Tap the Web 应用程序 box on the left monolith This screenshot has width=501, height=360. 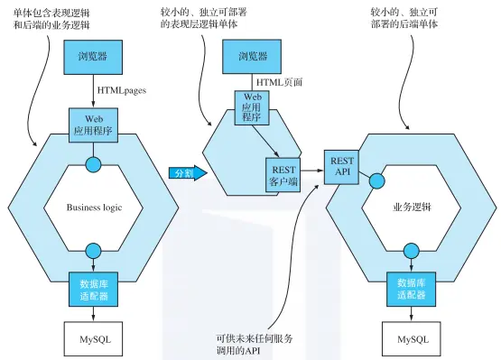pos(94,124)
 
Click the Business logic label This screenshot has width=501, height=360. pos(94,208)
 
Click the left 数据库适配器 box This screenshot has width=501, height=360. pos(94,289)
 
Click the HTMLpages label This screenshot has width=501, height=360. pos(122,90)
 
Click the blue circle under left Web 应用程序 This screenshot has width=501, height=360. pos(94,165)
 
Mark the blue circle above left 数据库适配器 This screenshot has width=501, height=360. pos(94,250)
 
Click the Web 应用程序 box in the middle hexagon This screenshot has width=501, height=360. pos(250,107)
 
